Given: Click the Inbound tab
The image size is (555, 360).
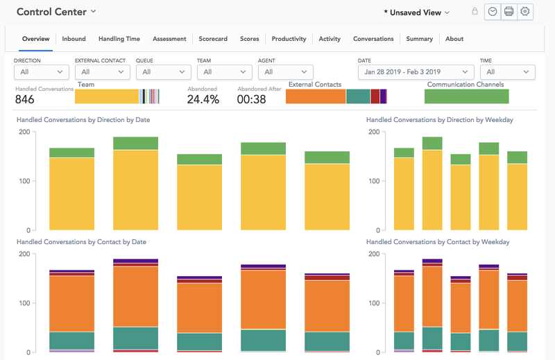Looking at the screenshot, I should point(74,39).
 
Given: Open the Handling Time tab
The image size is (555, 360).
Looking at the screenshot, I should point(119,39).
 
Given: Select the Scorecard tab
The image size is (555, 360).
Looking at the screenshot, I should point(212,39).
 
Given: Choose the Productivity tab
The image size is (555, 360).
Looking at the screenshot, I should point(289,39).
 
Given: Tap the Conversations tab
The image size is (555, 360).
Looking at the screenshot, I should point(373,39).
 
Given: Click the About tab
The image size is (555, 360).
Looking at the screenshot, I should point(454,39).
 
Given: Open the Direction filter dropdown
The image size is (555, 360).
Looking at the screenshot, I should point(42,72).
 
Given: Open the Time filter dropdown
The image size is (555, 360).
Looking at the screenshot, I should point(507,72).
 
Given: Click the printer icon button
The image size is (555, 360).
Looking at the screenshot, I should point(509,12).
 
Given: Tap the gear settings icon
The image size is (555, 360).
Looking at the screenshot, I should point(525,12).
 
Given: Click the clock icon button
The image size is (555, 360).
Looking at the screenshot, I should point(493,12).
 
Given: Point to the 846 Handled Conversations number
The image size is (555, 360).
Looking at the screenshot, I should point(25,99).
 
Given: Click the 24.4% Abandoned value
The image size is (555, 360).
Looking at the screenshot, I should point(203,99).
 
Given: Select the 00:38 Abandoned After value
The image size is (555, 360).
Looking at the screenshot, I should point(251,99).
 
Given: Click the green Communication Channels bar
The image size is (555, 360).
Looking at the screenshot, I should point(466,96).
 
